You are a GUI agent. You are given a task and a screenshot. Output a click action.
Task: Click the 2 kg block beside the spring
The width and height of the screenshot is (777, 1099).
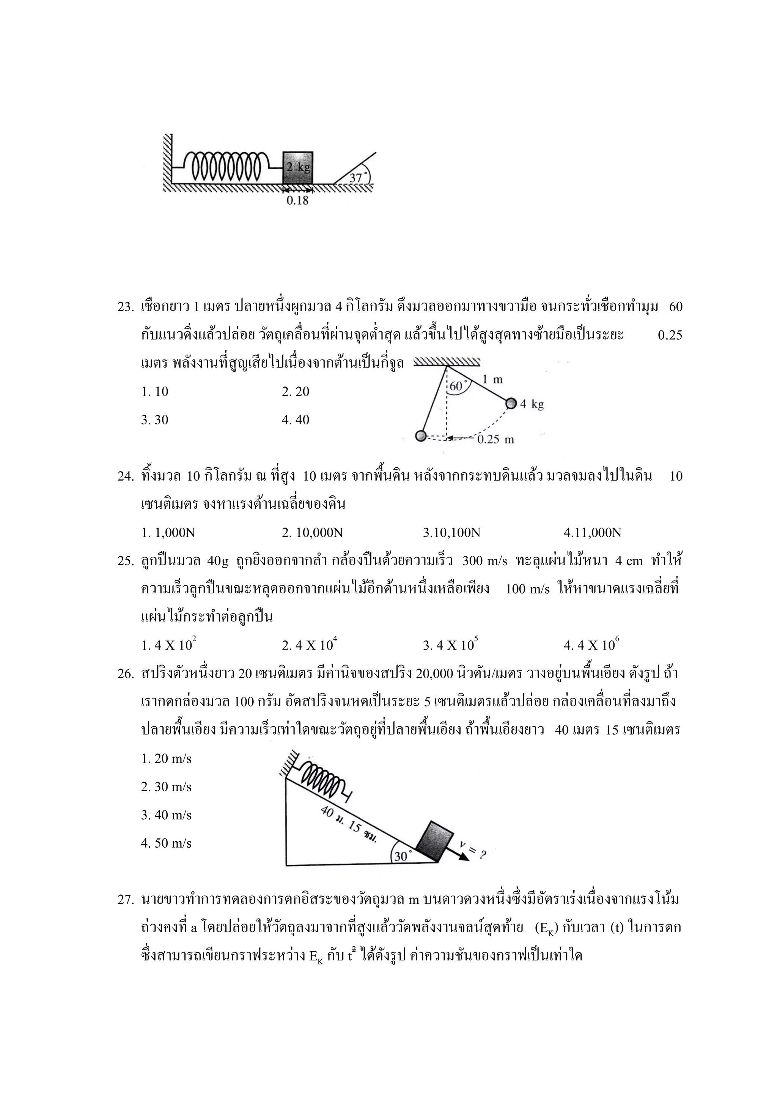tap(297, 167)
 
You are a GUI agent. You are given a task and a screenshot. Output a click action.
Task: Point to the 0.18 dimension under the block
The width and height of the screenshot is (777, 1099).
tap(297, 200)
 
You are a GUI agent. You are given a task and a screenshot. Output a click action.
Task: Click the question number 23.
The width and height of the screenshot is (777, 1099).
tap(125, 307)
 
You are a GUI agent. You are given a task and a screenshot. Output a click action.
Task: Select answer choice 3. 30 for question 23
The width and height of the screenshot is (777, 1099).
tap(154, 420)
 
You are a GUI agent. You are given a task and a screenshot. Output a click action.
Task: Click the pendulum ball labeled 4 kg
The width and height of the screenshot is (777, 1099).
tap(511, 403)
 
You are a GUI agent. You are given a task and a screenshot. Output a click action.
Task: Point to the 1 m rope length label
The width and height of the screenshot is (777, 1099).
tap(492, 380)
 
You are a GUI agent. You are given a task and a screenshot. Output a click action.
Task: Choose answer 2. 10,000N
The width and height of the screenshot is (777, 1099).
tap(312, 533)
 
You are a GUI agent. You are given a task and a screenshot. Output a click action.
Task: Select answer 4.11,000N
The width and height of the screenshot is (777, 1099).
tap(592, 533)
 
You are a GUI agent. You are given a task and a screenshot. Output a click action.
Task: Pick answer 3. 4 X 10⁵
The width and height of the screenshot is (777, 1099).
tap(450, 645)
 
